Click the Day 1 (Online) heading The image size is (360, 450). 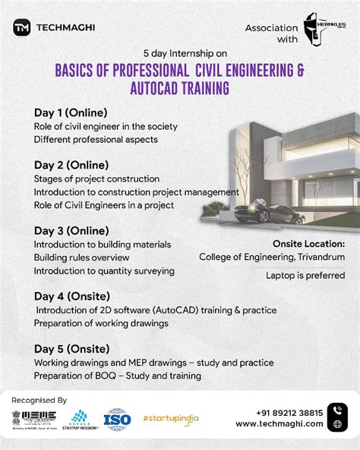coord(70,112)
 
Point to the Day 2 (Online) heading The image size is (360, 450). coord(71,164)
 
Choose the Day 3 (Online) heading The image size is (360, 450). coord(71,230)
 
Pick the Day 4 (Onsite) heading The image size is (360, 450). coord(71,296)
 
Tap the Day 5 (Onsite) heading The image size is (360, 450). coord(71,348)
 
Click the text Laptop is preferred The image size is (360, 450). coord(305,275)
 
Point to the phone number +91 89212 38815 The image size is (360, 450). coord(279,413)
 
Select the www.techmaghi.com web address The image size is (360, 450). coord(279,424)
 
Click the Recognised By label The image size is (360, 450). coord(39,400)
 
